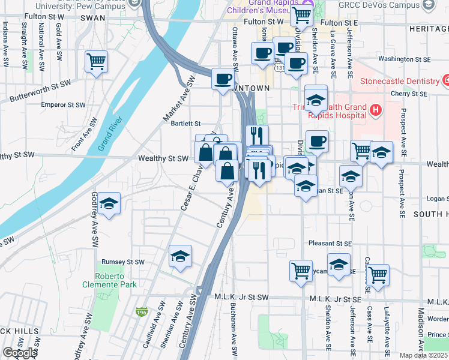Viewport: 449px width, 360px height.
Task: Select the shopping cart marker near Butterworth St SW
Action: click(96, 61)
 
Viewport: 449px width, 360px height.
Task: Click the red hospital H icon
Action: click(376, 110)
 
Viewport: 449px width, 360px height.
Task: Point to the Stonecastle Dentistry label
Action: click(399, 81)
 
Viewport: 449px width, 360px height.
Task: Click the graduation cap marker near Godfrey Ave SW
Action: click(109, 205)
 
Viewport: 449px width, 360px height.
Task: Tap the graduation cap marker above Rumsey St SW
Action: click(180, 257)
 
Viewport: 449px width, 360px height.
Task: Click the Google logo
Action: click(20, 353)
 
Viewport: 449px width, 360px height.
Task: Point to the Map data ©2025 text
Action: click(424, 355)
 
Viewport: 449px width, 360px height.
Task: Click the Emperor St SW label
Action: click(62, 104)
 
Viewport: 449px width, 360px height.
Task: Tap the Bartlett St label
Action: click(185, 123)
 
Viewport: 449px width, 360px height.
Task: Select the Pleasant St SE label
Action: click(330, 244)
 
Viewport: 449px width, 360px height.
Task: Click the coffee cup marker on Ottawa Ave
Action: click(223, 79)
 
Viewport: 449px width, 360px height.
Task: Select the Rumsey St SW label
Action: click(124, 262)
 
